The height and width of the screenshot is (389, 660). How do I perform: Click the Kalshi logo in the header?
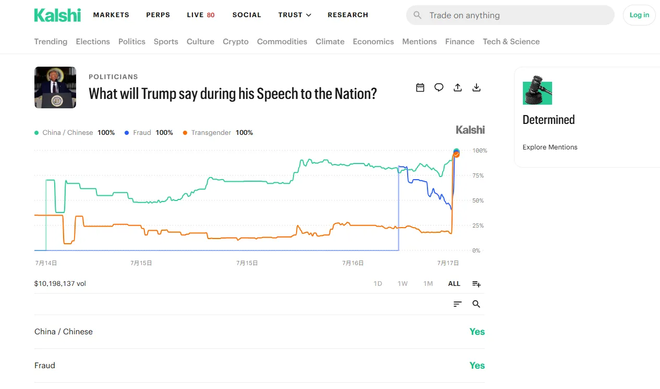tap(57, 15)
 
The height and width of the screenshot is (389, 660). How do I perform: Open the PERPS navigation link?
tap(158, 15)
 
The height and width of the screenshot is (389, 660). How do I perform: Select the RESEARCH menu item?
tap(348, 15)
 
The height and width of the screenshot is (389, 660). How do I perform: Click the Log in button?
tap(639, 15)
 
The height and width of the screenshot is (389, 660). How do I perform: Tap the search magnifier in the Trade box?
tap(417, 15)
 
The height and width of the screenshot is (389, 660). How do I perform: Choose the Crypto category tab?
tap(236, 42)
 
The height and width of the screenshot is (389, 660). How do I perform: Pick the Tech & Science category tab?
tap(511, 42)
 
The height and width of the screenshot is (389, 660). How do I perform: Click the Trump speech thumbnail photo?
tap(55, 87)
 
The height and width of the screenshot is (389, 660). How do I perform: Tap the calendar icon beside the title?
tap(420, 87)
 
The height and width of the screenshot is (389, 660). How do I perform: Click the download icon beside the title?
tap(476, 87)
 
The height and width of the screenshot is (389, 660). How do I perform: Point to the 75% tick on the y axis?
tap(478, 175)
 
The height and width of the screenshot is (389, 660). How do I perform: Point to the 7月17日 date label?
tap(448, 263)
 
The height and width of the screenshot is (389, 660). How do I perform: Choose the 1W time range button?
tap(402, 284)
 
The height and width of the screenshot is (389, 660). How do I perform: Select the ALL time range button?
tap(454, 284)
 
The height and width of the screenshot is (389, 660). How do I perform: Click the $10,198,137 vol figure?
tap(60, 284)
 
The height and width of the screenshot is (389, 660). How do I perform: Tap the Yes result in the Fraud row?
tap(477, 366)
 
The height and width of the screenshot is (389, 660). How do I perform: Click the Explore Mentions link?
tap(550, 147)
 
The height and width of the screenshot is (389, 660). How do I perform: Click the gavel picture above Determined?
tap(537, 90)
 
